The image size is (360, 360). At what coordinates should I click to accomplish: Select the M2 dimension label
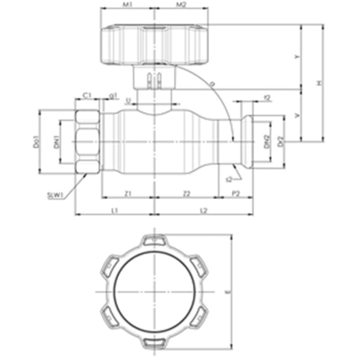(x=181, y=5)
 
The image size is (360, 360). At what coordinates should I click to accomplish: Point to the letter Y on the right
(x=296, y=57)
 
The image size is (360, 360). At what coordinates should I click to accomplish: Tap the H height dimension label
(x=318, y=84)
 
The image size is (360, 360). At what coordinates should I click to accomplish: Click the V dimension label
(x=296, y=116)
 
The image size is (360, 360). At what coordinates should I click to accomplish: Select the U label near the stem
(x=128, y=101)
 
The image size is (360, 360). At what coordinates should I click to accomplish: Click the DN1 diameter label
(x=56, y=142)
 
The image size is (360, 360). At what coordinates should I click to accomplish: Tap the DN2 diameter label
(x=266, y=142)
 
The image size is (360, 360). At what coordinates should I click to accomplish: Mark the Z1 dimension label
(x=128, y=194)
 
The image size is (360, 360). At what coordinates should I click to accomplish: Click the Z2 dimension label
(x=186, y=194)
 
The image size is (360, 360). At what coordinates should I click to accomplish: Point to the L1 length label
(x=114, y=210)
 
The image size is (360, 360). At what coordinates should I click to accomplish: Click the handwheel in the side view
(x=154, y=45)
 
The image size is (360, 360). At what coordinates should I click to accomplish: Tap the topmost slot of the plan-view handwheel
(x=154, y=240)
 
